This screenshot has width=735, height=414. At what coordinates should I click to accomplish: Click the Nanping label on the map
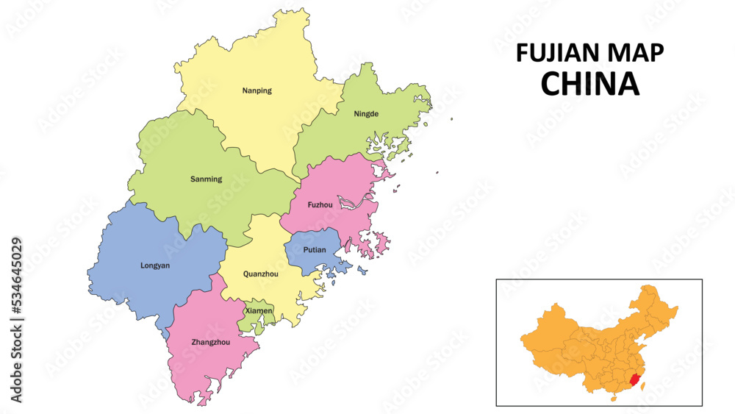coord(257,91)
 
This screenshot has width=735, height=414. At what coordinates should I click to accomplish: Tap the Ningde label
coord(366,114)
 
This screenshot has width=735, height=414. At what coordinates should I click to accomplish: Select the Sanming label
coord(206,179)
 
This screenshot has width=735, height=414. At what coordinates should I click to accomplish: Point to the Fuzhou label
coord(320,204)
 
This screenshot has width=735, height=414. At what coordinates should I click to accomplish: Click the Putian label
coord(314,250)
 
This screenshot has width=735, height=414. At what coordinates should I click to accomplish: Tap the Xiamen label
coord(259,311)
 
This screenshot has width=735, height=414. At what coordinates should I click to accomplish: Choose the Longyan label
coord(154,265)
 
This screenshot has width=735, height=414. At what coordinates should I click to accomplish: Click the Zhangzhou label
coord(210,342)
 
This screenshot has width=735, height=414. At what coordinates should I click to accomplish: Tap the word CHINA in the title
coord(589,84)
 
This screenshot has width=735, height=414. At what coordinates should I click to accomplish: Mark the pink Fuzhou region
coord(338,184)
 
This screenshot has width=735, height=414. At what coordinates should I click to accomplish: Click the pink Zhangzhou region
coord(202,368)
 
